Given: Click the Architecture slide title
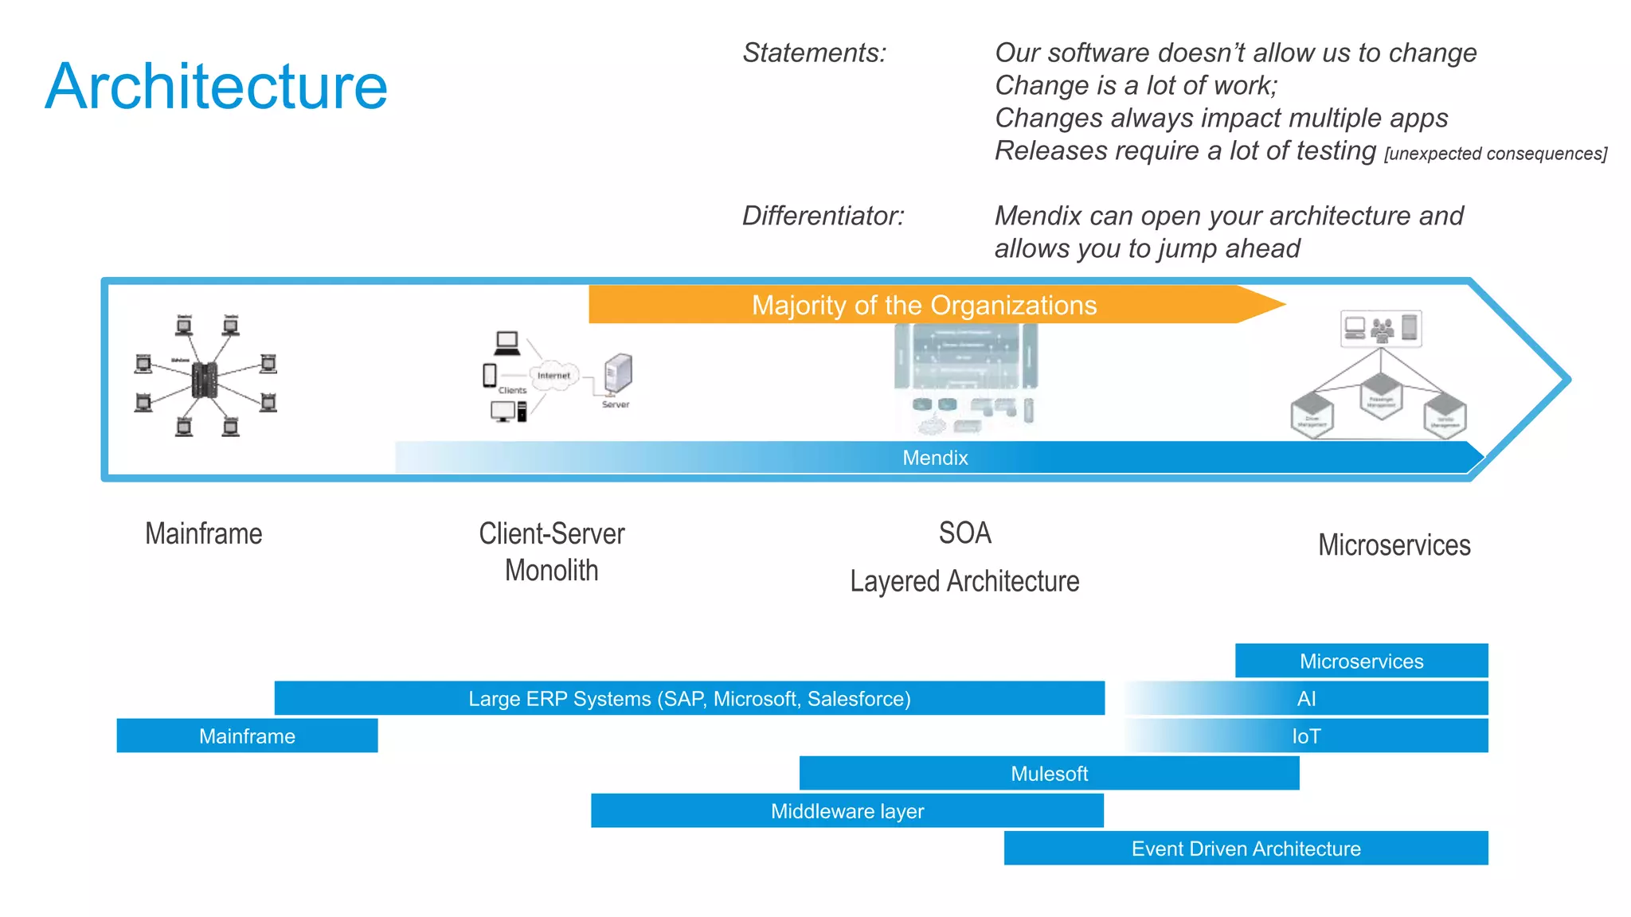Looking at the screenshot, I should pos(216,86).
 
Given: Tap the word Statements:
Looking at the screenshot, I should pos(814,53).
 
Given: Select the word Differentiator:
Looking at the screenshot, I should pos(823,216).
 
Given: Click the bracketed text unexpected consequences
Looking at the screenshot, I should pos(1495,154).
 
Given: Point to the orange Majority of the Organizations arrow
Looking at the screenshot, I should pos(924,305).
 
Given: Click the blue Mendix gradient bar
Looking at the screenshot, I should pos(935,458).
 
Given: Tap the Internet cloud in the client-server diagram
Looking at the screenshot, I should pos(553,376).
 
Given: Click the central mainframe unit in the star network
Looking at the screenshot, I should pos(205,380).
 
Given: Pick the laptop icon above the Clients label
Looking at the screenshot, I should pos(507,343).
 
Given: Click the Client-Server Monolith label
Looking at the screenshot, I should pos(551,552).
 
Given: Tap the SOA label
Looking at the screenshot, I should pos(964,533).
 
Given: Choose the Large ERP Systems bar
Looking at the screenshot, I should pos(689,698).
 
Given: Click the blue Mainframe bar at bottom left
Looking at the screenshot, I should pos(247,736).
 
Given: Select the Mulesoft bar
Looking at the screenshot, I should pos(1049,773).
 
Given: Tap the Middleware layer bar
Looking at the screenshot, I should pos(847,810).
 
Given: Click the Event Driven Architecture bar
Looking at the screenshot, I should pos(1246,848).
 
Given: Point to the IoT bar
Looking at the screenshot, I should pos(1306,736).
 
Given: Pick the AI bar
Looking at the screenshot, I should pos(1306,698).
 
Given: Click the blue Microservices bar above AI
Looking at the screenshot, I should pos(1361,661).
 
